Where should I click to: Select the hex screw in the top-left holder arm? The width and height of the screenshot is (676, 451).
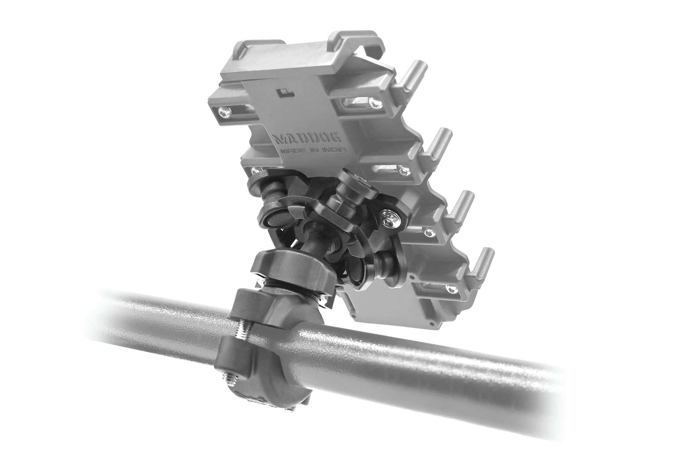coord(223,113)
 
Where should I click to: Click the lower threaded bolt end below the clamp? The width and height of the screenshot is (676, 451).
coord(228,381)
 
